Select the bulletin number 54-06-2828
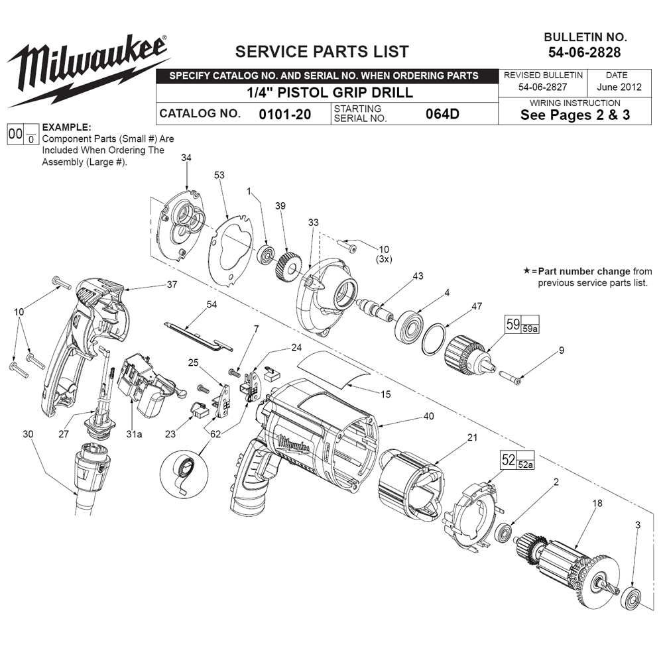tap(583, 51)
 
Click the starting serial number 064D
tap(442, 113)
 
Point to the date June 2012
tap(621, 87)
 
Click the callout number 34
tap(186, 158)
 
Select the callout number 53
tap(219, 175)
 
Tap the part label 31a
tap(135, 434)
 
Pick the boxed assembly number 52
tap(509, 460)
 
